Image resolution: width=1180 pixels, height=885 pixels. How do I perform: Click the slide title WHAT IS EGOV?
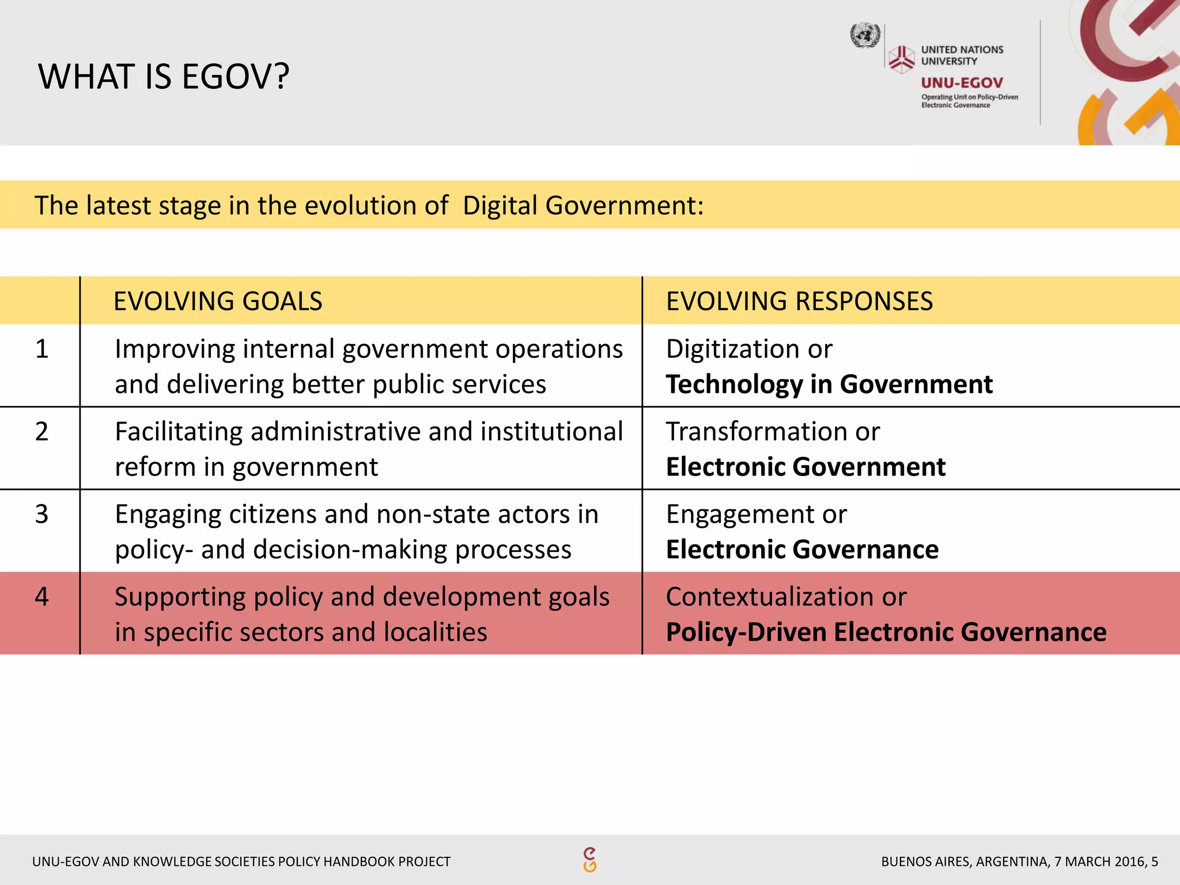click(x=164, y=77)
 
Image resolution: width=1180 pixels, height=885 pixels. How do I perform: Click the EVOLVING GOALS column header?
click(x=218, y=301)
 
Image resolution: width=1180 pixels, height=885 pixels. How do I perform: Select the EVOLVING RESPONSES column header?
click(x=799, y=301)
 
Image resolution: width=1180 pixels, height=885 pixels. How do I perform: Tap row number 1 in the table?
click(x=41, y=349)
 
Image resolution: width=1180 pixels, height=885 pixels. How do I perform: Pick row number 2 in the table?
click(x=41, y=432)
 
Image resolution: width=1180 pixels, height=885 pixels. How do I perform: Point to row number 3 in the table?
click(x=41, y=514)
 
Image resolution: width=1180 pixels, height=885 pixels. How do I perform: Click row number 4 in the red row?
click(x=41, y=596)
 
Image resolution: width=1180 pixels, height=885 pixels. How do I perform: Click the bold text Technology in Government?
click(x=829, y=384)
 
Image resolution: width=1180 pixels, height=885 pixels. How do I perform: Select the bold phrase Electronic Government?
click(x=805, y=467)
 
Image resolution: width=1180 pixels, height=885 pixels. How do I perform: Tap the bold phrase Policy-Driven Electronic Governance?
click(x=886, y=632)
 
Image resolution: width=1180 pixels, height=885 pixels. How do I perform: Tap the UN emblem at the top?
click(x=865, y=36)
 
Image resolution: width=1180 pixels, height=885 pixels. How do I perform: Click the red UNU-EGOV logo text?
click(x=962, y=83)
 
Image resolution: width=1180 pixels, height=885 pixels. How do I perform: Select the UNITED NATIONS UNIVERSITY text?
click(x=962, y=55)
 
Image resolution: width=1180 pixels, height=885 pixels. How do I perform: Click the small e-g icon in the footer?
click(x=589, y=860)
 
